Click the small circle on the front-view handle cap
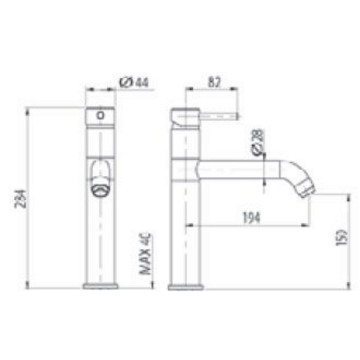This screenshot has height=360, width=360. (x=100, y=115)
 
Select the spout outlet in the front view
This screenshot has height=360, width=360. (x=100, y=190)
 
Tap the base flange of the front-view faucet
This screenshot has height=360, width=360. (x=100, y=287)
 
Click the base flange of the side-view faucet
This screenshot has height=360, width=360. (x=185, y=287)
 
